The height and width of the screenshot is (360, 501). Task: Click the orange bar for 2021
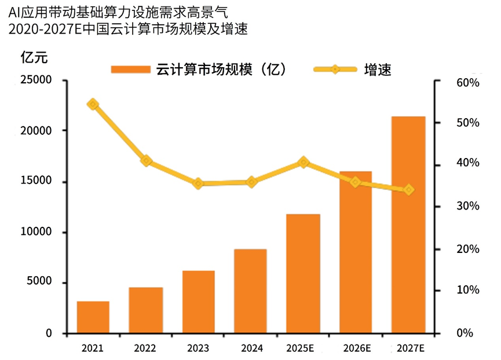93,317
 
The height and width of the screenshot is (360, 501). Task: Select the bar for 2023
198,302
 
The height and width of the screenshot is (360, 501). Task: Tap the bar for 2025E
303,274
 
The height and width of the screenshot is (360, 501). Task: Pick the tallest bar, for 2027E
408,225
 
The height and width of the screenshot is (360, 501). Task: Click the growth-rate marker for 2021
93,104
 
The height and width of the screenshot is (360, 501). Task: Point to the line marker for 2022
146,161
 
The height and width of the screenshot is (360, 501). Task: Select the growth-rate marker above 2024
251,182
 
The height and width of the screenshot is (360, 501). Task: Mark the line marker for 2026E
356,182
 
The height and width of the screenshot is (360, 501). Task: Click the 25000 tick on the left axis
39,80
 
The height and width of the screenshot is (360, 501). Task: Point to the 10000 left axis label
39,232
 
